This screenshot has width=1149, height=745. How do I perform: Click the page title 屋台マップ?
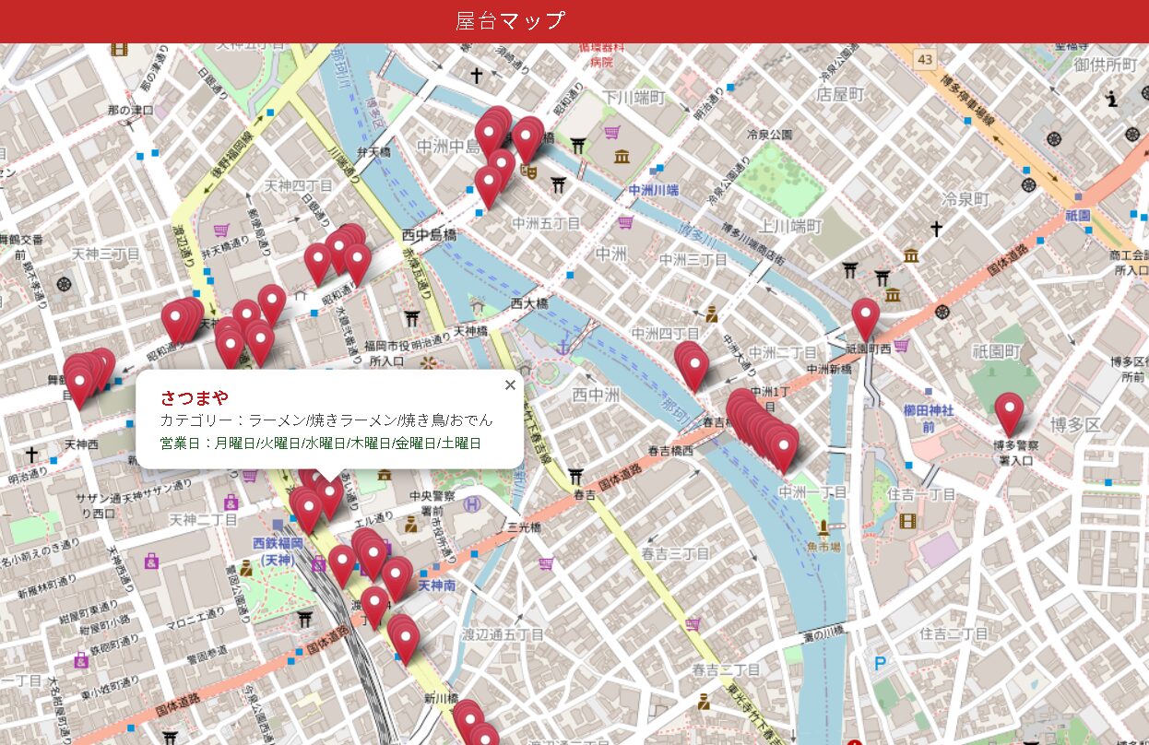pyautogui.click(x=510, y=20)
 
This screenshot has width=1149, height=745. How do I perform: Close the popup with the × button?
pyautogui.click(x=510, y=385)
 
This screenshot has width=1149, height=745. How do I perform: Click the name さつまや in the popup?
pyautogui.click(x=194, y=397)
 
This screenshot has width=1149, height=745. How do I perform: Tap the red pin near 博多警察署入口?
pyautogui.click(x=1009, y=411)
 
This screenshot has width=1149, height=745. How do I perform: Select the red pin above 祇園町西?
pyautogui.click(x=865, y=317)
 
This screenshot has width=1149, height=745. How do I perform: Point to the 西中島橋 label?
pyautogui.click(x=429, y=235)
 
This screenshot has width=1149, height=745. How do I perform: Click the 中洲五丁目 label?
pyautogui.click(x=546, y=223)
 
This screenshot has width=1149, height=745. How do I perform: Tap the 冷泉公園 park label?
pyautogui.click(x=770, y=134)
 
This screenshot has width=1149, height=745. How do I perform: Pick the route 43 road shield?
pyautogui.click(x=925, y=59)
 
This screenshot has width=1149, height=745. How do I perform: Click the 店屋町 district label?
pyautogui.click(x=840, y=94)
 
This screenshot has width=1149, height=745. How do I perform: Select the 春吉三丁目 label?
pyautogui.click(x=675, y=553)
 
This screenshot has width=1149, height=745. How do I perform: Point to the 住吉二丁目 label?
pyautogui.click(x=954, y=633)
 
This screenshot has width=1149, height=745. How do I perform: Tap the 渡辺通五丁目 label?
pyautogui.click(x=503, y=634)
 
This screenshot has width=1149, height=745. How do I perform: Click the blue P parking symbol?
pyautogui.click(x=880, y=662)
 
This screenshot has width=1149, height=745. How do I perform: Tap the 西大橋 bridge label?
pyautogui.click(x=529, y=303)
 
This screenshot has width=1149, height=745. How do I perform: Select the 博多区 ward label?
pyautogui.click(x=1075, y=424)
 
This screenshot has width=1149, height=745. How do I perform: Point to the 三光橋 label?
pyautogui.click(x=523, y=528)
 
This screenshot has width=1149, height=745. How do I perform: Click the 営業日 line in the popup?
pyautogui.click(x=321, y=443)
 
